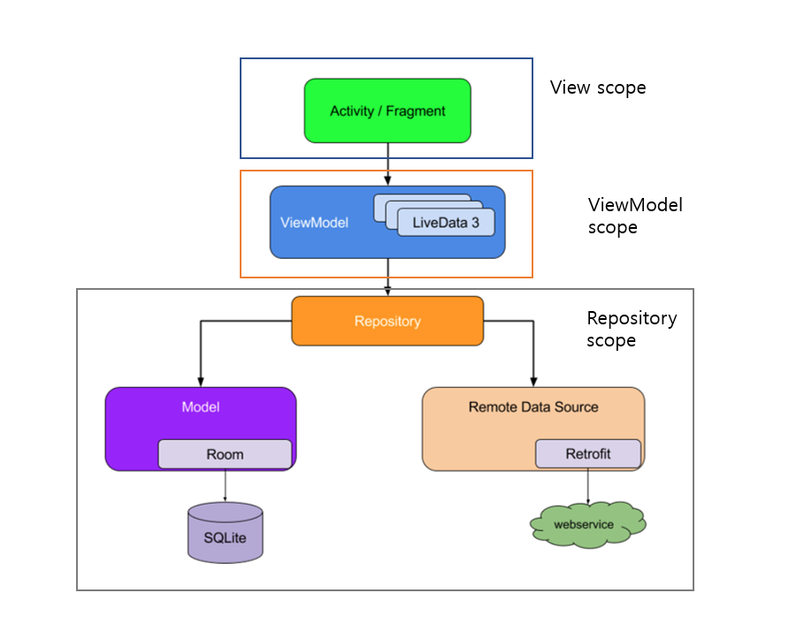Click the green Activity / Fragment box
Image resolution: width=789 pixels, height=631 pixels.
click(x=387, y=110)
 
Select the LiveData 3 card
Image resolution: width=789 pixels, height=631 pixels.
click(x=446, y=223)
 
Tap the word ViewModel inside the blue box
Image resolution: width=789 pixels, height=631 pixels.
click(x=314, y=223)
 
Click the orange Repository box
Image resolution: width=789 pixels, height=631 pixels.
click(x=387, y=321)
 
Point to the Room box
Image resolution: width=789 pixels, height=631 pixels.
click(x=225, y=454)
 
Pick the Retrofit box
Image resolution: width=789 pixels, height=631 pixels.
click(x=587, y=454)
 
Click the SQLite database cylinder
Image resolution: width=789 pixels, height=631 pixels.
click(x=226, y=533)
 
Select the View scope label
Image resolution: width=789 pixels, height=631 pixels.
click(x=598, y=87)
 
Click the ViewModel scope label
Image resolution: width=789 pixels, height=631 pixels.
click(x=635, y=216)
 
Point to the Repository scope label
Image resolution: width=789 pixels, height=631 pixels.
click(x=632, y=329)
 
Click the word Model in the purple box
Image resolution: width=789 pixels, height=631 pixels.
click(x=201, y=407)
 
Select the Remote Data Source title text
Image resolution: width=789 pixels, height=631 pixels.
click(x=533, y=407)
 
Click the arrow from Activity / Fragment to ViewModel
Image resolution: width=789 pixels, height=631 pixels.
click(x=387, y=164)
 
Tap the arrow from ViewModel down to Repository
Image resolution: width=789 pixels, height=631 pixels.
click(x=387, y=276)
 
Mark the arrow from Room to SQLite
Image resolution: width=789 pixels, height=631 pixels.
click(x=225, y=485)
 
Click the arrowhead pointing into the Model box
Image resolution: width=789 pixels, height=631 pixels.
click(x=201, y=381)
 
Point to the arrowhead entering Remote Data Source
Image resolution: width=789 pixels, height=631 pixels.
click(x=533, y=381)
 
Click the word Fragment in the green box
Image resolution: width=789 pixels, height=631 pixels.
click(x=416, y=111)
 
